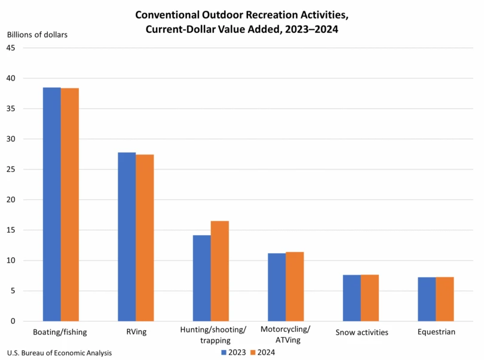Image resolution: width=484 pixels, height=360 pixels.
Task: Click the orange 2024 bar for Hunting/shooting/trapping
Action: tap(219, 271)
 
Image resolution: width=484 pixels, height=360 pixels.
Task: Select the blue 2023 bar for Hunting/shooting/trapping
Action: tap(201, 278)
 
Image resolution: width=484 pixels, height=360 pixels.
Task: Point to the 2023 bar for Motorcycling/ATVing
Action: tap(277, 287)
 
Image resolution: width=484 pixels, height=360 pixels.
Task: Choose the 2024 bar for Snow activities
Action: tap(369, 298)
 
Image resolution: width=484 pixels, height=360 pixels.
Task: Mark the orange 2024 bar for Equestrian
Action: tap(445, 299)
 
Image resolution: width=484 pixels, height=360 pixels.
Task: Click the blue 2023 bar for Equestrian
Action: tap(427, 299)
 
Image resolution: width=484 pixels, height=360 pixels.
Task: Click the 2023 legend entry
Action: tap(233, 352)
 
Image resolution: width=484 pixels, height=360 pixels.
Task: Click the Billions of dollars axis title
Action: tap(37, 34)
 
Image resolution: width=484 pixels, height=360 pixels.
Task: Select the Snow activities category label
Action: tap(362, 332)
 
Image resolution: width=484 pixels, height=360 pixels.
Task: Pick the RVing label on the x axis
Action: tap(135, 331)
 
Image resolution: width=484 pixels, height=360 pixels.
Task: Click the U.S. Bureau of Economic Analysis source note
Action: tap(60, 352)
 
